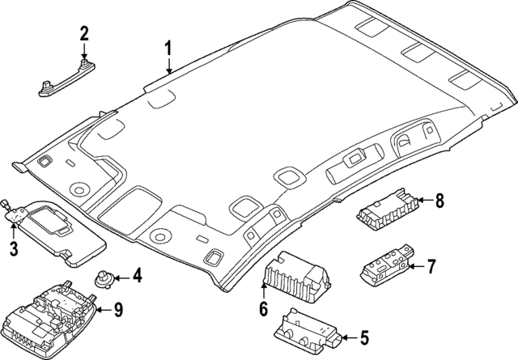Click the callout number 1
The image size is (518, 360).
[168, 49]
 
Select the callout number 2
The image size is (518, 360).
[83, 33]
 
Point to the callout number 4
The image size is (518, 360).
[137, 277]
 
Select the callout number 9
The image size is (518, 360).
[117, 308]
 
